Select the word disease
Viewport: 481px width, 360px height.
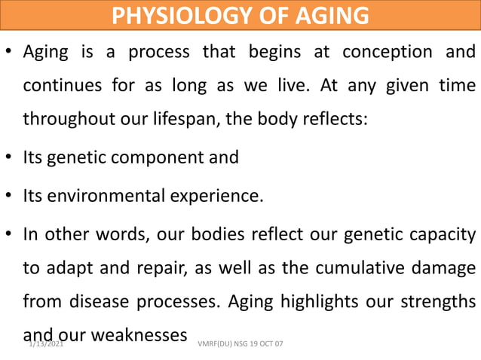[110, 301]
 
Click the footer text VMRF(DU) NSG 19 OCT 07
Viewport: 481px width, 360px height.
[240, 344]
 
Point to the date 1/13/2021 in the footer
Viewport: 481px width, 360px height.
[46, 344]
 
